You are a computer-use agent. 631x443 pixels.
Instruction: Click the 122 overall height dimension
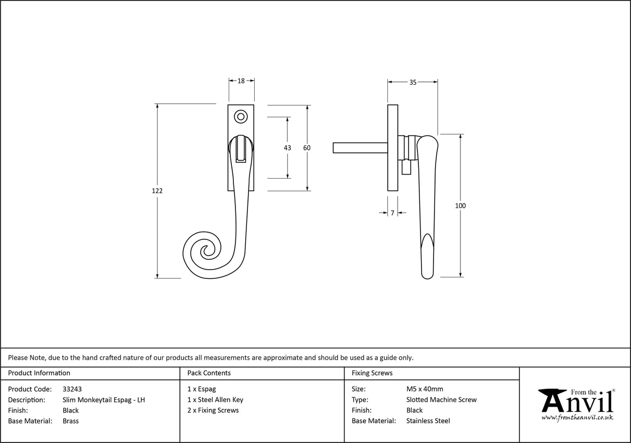coord(157,191)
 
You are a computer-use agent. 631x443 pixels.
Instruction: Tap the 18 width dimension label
coord(241,81)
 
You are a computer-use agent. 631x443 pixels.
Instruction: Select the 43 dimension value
coord(287,148)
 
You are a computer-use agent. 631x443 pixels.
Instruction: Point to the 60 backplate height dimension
coord(307,148)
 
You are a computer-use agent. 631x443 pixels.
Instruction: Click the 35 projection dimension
coord(413,82)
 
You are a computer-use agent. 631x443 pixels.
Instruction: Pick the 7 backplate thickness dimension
coord(392,213)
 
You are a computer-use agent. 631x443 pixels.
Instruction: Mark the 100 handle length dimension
coord(460,206)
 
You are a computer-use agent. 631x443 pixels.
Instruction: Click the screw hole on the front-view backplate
coord(241,116)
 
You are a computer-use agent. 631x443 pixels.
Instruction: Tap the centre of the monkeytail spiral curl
coord(208,252)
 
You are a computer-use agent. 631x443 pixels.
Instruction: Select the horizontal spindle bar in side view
coord(360,148)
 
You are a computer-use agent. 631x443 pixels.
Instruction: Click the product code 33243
coord(72,389)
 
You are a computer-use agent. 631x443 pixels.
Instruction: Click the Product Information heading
coord(39,373)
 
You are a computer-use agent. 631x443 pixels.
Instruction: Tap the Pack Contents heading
coord(209,373)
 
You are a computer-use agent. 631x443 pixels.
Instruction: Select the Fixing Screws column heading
coord(372,373)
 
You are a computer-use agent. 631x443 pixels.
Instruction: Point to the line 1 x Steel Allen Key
coord(215,400)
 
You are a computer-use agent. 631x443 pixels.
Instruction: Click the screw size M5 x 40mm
coord(425,389)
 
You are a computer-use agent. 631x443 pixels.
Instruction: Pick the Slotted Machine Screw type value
coord(441,400)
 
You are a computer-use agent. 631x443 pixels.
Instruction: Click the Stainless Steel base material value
coord(428,421)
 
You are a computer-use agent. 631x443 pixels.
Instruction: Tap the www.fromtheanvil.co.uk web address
coord(577,418)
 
